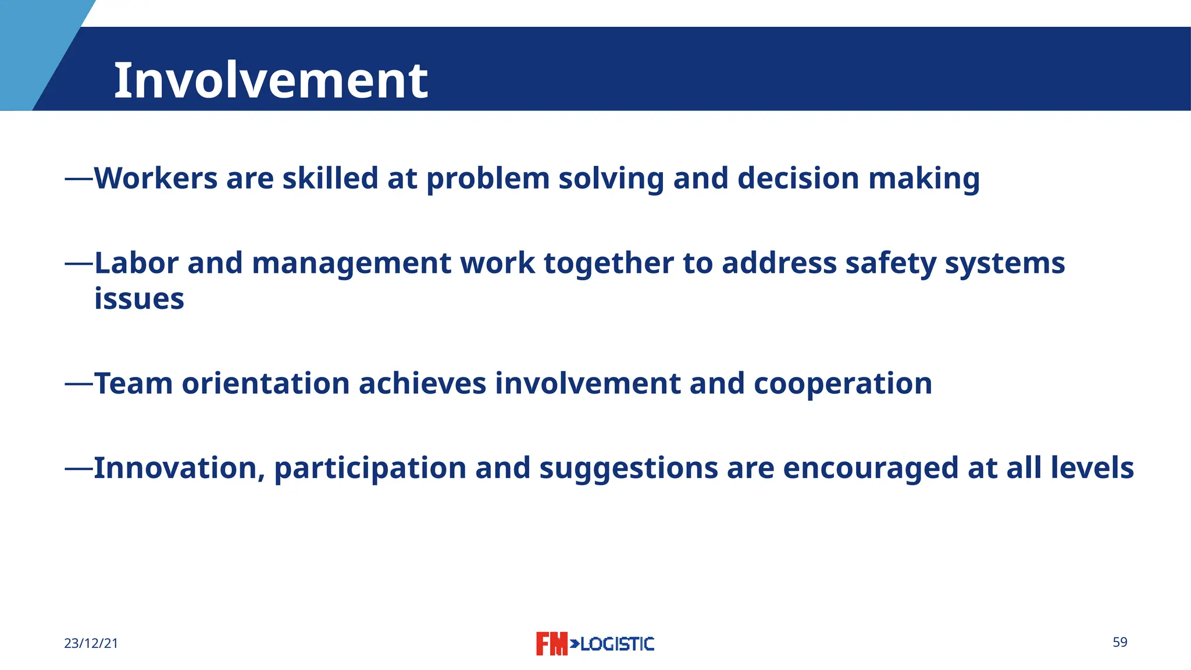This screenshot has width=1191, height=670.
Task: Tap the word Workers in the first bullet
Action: (155, 178)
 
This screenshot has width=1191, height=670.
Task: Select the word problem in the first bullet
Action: (488, 179)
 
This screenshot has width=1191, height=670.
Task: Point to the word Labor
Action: (136, 263)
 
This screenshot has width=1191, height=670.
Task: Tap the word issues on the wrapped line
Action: (139, 299)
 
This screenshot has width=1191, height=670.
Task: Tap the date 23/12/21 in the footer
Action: (91, 643)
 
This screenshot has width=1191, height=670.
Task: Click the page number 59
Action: (1119, 642)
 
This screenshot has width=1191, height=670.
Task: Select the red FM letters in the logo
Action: (551, 644)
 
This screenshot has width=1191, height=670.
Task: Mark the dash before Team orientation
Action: (79, 384)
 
